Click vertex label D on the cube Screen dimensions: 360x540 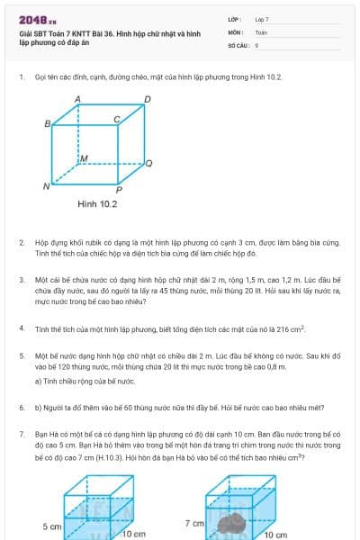[147, 97]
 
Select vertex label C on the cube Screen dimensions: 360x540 [116, 119]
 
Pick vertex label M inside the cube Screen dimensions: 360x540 [84, 157]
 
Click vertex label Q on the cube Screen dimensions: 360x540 [148, 163]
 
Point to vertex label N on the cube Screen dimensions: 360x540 [45, 186]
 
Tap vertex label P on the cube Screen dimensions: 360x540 [118, 190]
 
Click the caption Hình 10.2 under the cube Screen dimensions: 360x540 [97, 204]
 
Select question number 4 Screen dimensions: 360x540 [21, 328]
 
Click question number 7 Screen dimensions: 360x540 [21, 435]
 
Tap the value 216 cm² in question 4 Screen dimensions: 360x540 [291, 328]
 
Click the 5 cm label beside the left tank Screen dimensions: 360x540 [52, 525]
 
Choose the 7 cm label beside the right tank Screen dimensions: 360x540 [194, 522]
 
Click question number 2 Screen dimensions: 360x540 [21, 243]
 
